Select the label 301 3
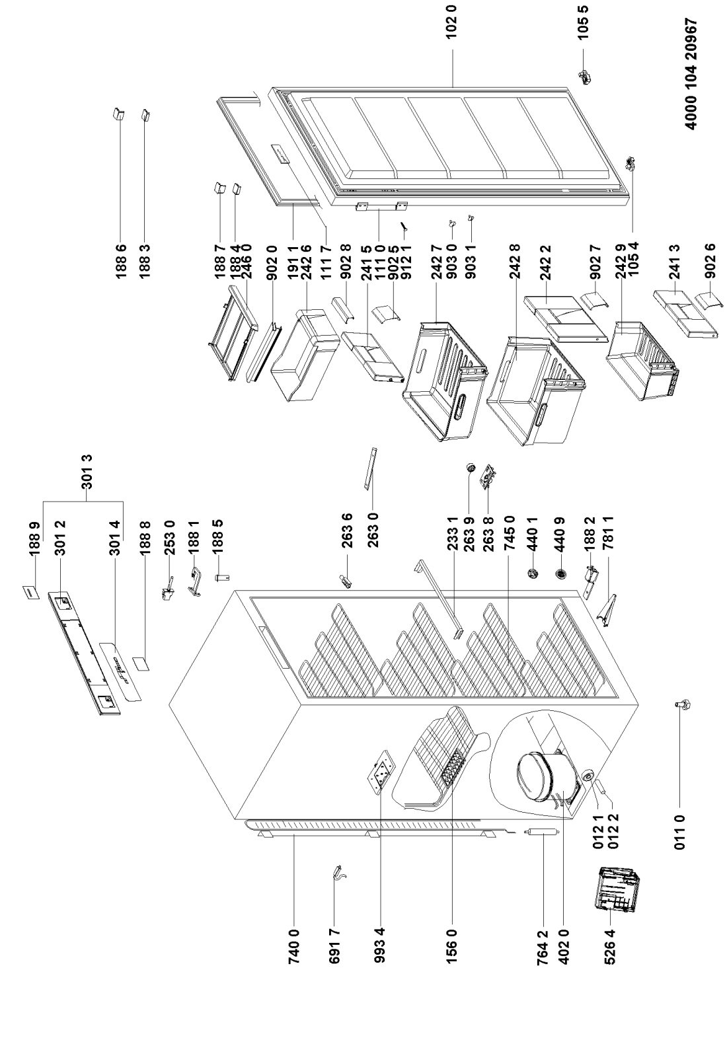(x=87, y=470)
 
